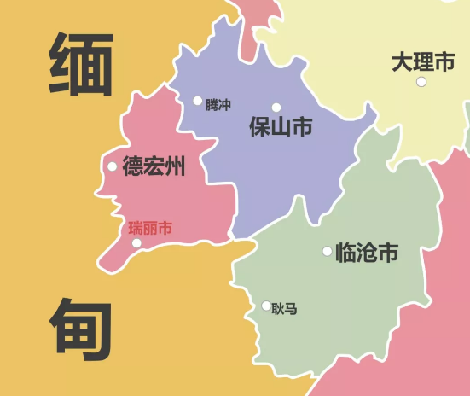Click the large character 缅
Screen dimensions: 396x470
[x=82, y=65]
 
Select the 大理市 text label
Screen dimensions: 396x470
[x=423, y=62]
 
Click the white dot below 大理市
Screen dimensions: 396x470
[x=421, y=82]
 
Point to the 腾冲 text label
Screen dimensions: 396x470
[x=218, y=105]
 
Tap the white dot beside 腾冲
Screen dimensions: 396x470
[x=198, y=101]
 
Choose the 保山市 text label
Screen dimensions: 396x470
[x=280, y=128]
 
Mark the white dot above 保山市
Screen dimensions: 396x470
[x=276, y=108]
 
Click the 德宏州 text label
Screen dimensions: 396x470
[x=154, y=166]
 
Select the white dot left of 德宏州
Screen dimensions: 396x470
[x=112, y=166]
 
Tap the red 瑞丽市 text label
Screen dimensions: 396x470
[x=150, y=228]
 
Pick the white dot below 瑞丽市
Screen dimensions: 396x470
[x=136, y=243]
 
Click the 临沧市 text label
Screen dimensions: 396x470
[x=367, y=253]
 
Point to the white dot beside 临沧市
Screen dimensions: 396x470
[x=327, y=251]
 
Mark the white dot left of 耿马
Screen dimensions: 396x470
[x=266, y=306]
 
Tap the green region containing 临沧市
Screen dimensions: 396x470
[x=358, y=299]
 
